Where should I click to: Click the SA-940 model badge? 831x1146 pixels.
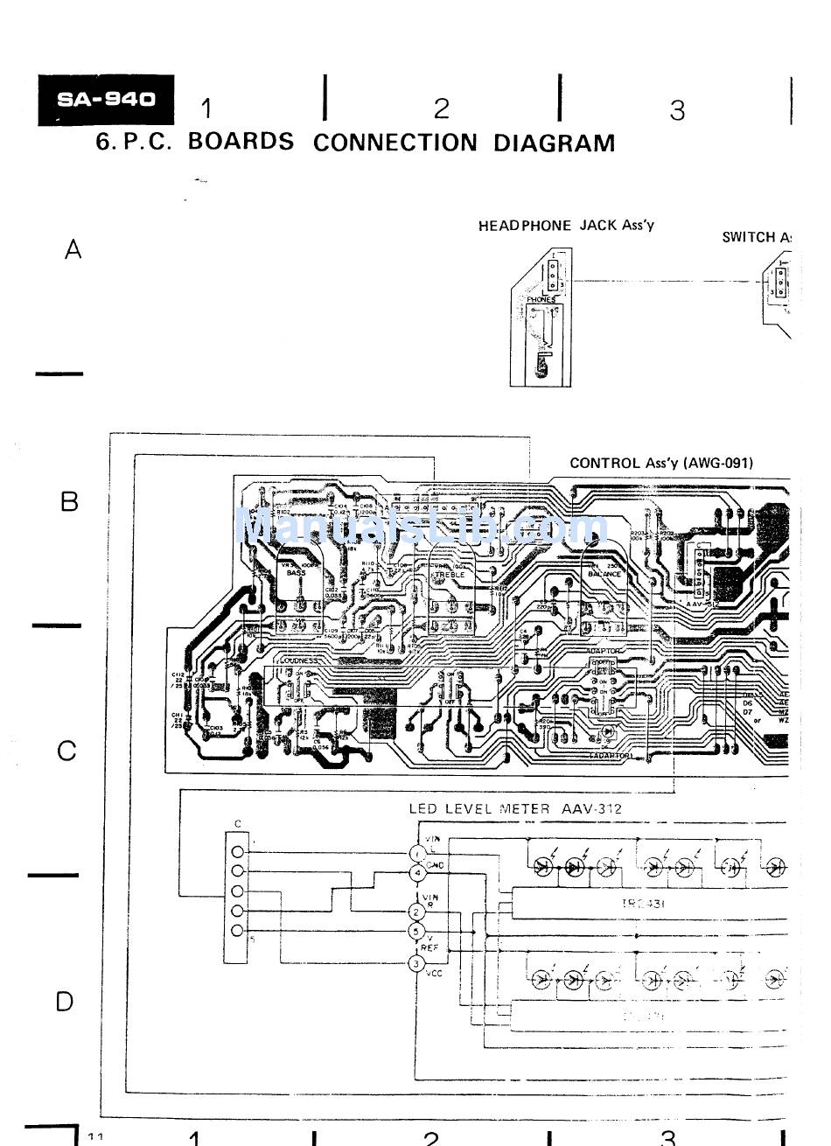pos(105,100)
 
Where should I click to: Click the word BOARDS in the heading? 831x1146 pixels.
pos(241,142)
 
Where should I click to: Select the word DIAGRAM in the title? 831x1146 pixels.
pos(554,143)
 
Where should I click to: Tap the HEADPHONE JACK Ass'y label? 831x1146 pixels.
pos(566,226)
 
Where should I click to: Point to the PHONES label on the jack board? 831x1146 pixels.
pos(541,300)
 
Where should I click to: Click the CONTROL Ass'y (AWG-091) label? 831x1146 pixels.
pos(660,463)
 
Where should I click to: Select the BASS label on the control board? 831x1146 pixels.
pos(296,573)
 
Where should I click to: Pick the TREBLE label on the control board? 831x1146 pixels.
pos(450,574)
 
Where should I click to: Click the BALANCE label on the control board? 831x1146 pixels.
pos(604,574)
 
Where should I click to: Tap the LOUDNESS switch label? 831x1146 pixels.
pos(299,660)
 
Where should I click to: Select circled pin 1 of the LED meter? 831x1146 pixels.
pos(417,854)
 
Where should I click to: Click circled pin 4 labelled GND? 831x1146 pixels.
pos(417,873)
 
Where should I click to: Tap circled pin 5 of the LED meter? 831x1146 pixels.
pos(417,931)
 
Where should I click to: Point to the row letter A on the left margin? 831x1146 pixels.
pos(73,250)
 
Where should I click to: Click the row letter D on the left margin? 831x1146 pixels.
pos(65,1002)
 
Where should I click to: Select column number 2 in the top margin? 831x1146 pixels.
pos(442,108)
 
